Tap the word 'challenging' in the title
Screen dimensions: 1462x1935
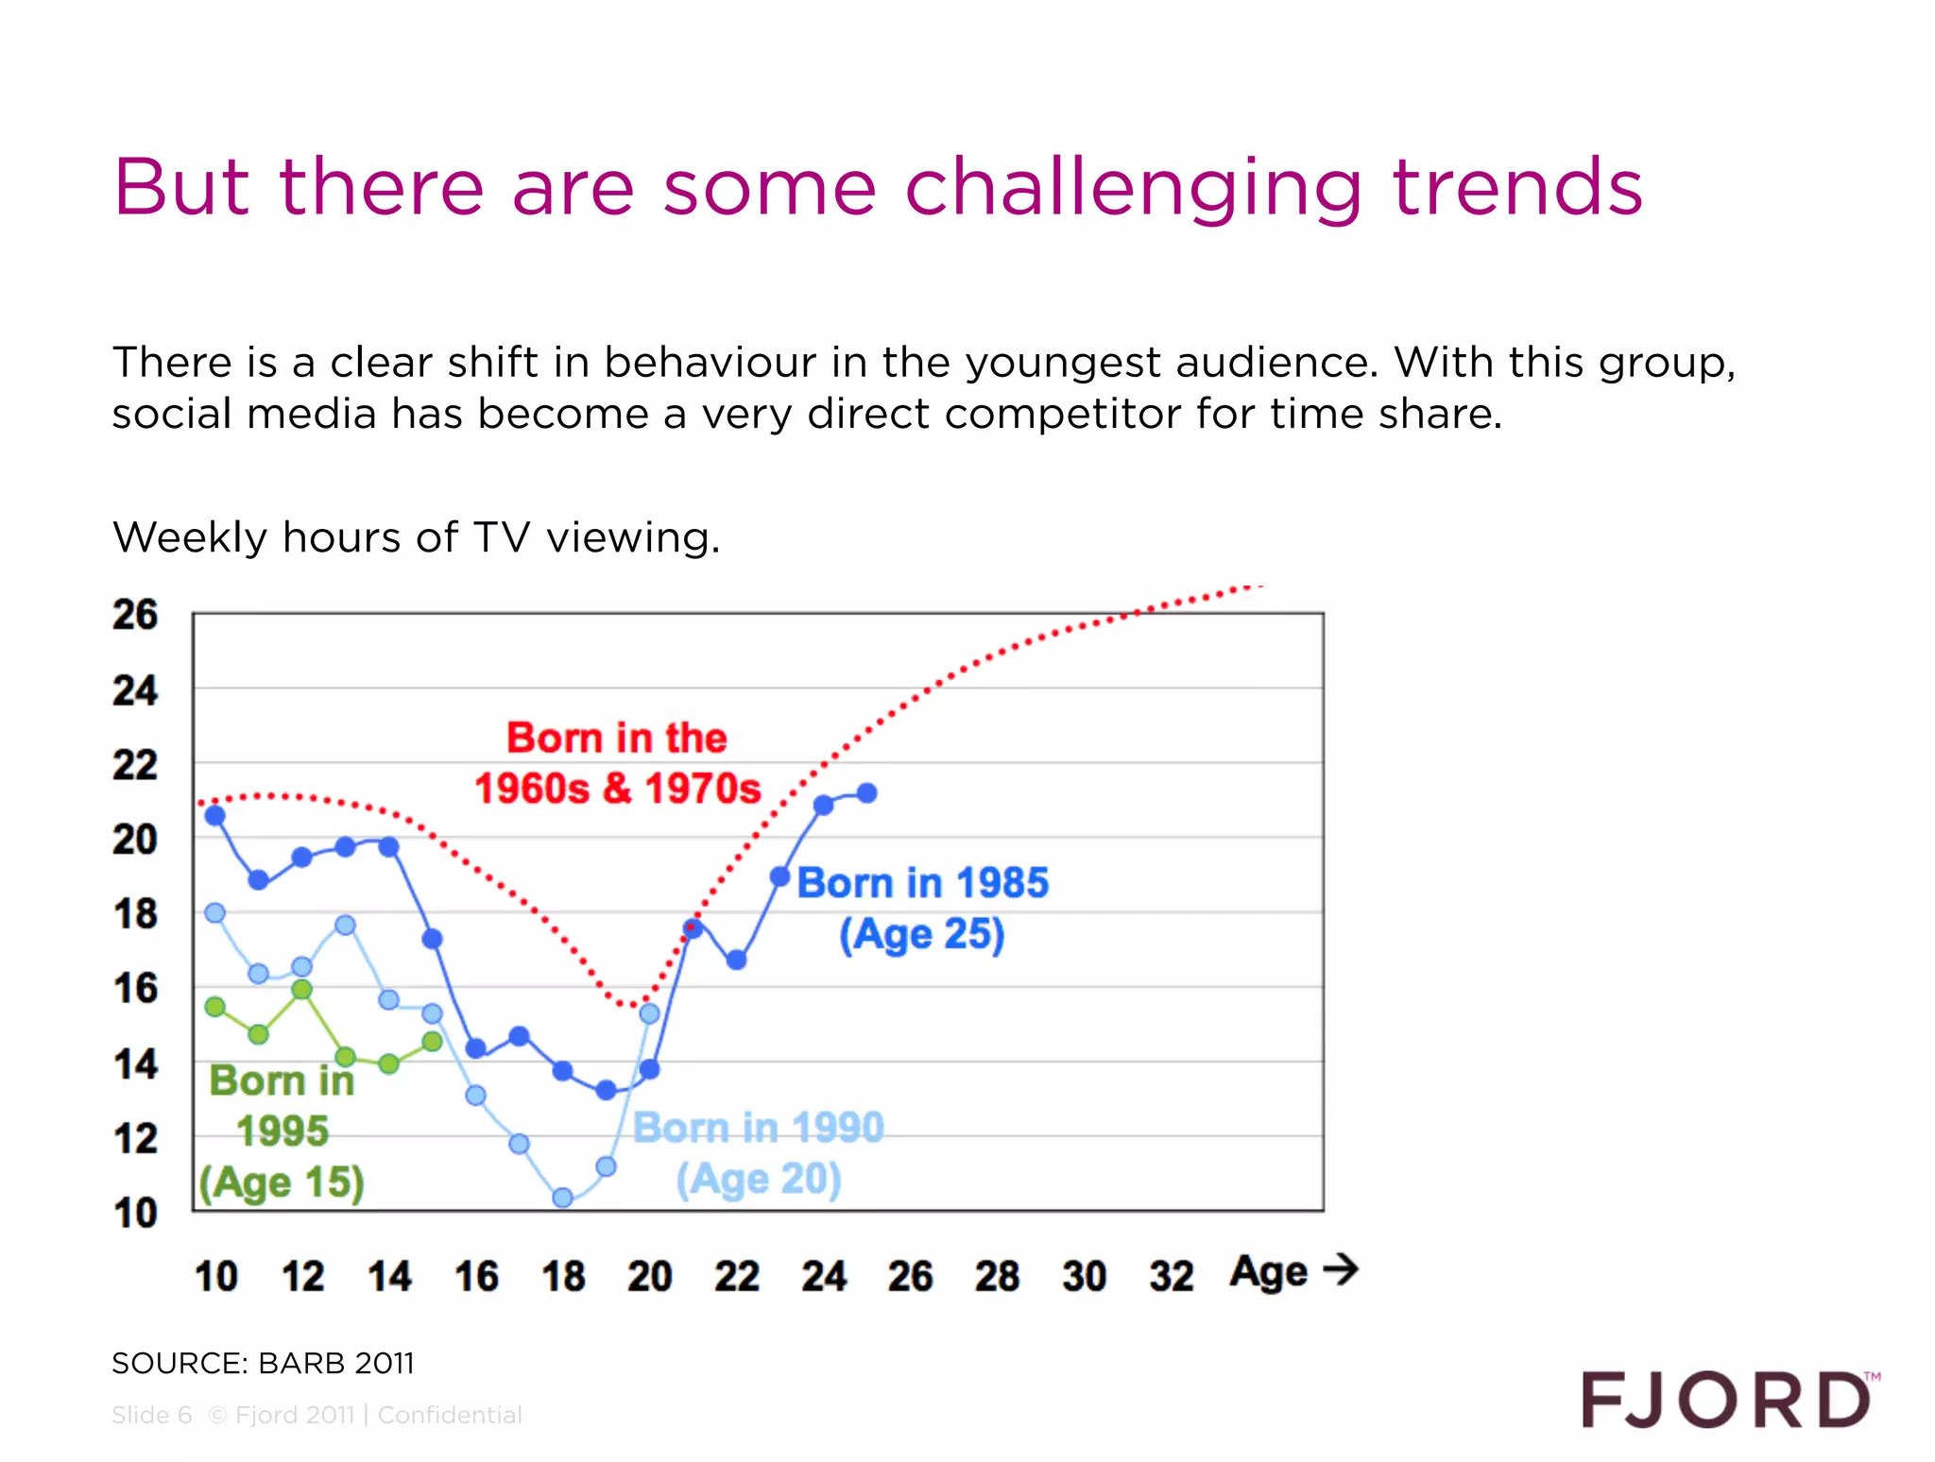pyautogui.click(x=1134, y=188)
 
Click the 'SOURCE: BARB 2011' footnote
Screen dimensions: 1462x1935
pyautogui.click(x=263, y=1363)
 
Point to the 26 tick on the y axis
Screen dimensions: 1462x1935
pyautogui.click(x=135, y=615)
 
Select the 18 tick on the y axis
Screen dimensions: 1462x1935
pyautogui.click(x=135, y=914)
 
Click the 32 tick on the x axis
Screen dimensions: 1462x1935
pyautogui.click(x=1172, y=1276)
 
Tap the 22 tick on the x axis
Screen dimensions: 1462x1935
pyautogui.click(x=737, y=1276)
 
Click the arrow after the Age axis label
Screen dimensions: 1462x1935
pyautogui.click(x=1341, y=1268)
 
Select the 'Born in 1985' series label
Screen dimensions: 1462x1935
pyautogui.click(x=922, y=883)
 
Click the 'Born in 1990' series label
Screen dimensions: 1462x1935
pyautogui.click(x=758, y=1128)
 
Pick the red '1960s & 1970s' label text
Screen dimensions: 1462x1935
pyautogui.click(x=617, y=789)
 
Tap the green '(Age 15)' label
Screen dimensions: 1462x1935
pyautogui.click(x=282, y=1182)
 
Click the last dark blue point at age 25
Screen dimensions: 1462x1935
pyautogui.click(x=866, y=793)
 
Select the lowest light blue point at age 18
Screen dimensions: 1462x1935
pyautogui.click(x=562, y=1198)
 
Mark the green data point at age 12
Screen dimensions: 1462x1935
pyautogui.click(x=301, y=989)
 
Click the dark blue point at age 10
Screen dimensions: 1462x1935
pyautogui.click(x=215, y=815)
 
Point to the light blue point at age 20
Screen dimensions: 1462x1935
pyautogui.click(x=649, y=1013)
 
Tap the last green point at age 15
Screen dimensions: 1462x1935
pyautogui.click(x=432, y=1042)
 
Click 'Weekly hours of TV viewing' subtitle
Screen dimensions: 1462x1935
pyautogui.click(x=416, y=537)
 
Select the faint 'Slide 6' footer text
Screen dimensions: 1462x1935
pyautogui.click(x=152, y=1415)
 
